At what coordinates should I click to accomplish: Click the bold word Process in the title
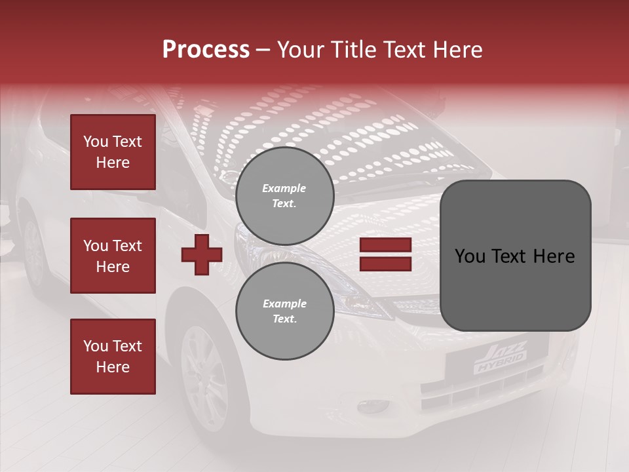pyautogui.click(x=206, y=50)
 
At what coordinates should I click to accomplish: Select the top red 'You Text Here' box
pyautogui.click(x=113, y=152)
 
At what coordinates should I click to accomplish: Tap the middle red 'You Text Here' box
pyautogui.click(x=113, y=256)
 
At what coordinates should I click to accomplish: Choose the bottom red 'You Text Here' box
pyautogui.click(x=113, y=357)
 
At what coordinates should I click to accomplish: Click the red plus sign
pyautogui.click(x=202, y=254)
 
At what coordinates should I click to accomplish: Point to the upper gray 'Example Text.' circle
pyautogui.click(x=284, y=195)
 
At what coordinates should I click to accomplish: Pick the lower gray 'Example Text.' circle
pyautogui.click(x=284, y=311)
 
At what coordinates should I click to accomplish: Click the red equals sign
pyautogui.click(x=385, y=254)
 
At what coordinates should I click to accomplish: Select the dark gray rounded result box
pyautogui.click(x=515, y=256)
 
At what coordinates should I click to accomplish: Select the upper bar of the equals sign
pyautogui.click(x=385, y=245)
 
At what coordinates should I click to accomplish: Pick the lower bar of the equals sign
pyautogui.click(x=385, y=264)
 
